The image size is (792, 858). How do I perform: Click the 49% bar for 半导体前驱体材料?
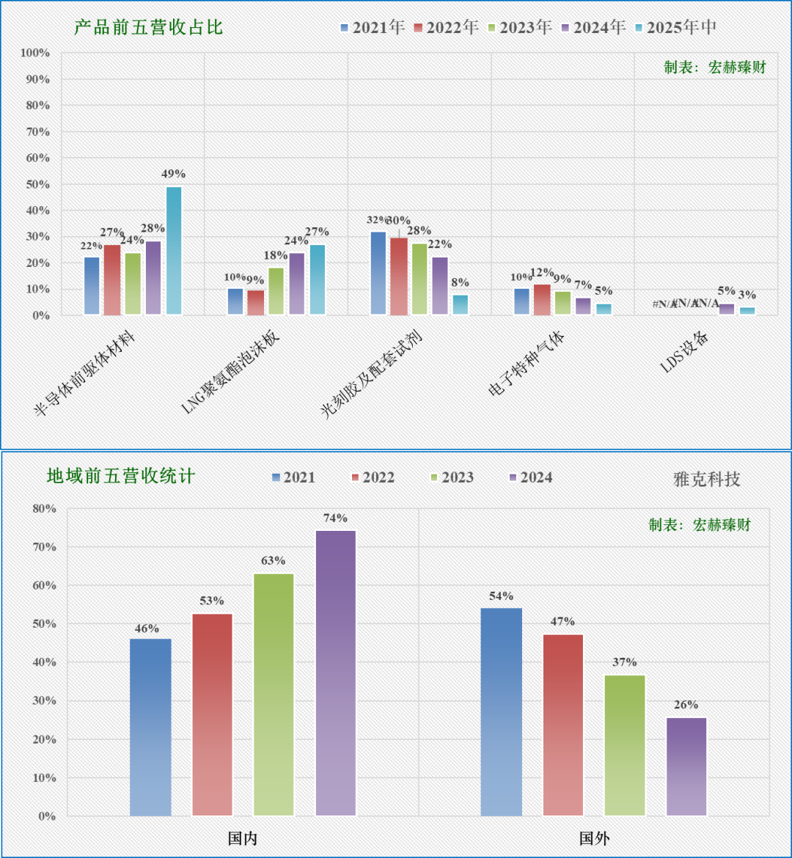point(174,251)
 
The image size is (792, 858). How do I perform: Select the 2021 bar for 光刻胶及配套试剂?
point(378,274)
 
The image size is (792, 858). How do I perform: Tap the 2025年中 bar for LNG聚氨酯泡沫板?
point(317,279)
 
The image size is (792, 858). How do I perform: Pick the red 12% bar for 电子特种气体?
point(541,299)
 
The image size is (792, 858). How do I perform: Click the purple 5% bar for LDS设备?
point(727,309)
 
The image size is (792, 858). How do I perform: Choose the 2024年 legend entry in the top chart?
point(593,28)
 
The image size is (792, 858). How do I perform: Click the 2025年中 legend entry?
point(675,28)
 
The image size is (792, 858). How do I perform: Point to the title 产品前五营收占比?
point(148,28)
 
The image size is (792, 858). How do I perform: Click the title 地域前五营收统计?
point(121,476)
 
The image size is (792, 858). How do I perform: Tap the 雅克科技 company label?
point(707,479)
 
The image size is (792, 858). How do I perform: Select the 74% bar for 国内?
point(336,672)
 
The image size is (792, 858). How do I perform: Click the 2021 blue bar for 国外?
point(502,711)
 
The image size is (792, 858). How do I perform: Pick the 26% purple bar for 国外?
point(686,766)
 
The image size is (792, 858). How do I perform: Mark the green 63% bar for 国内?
point(274,694)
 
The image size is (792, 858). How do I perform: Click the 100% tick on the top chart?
point(35,53)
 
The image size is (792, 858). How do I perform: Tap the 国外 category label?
point(594,838)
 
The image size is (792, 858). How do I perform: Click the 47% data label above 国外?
point(563,622)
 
